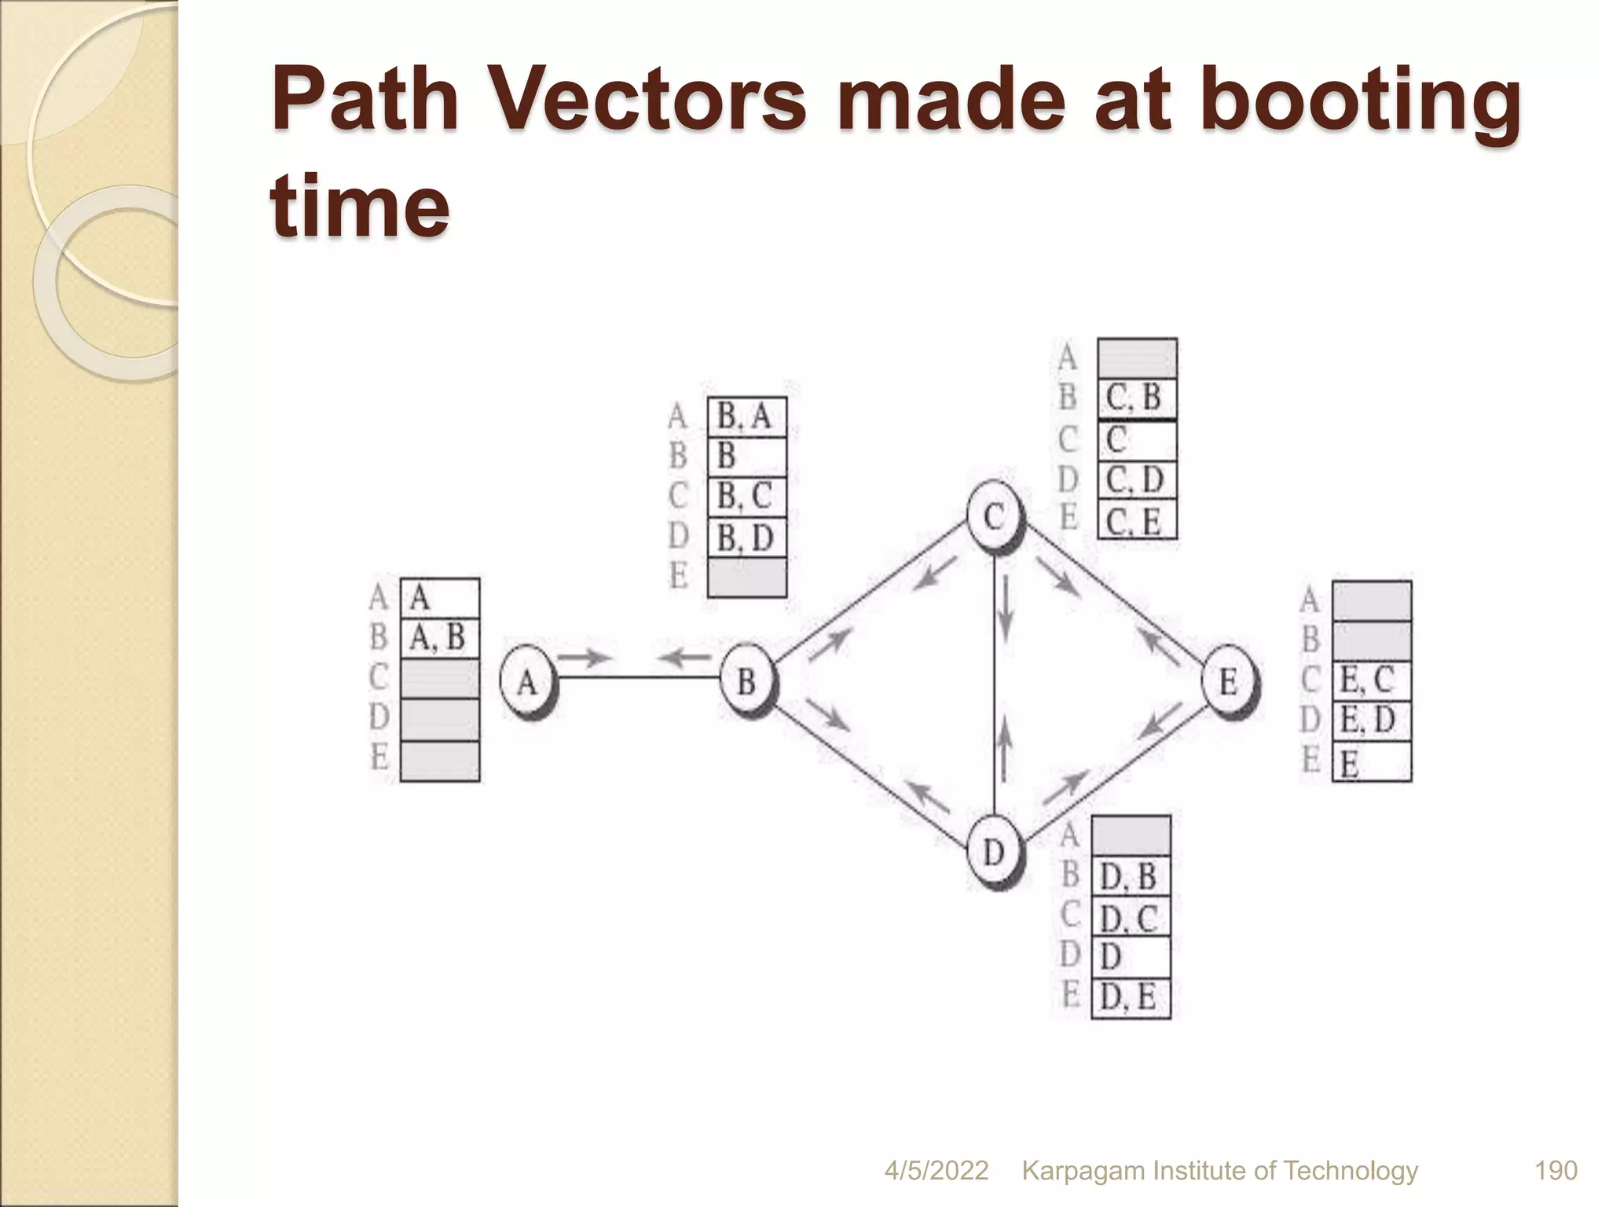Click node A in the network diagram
pos(527,681)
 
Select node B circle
pos(747,681)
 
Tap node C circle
pos(995,516)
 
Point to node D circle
pos(995,851)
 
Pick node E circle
pos(1229,681)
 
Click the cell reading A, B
pos(439,638)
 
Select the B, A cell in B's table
pos(746,417)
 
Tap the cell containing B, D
pos(746,538)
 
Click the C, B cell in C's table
pos(1136,398)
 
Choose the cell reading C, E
pos(1136,521)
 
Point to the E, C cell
pos(1371,681)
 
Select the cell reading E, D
pos(1371,721)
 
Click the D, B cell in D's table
pos(1131,877)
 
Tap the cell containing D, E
pos(1131,999)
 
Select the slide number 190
pos(1556,1171)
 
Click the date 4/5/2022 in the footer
pos(936,1171)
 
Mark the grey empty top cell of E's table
pos(1371,601)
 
